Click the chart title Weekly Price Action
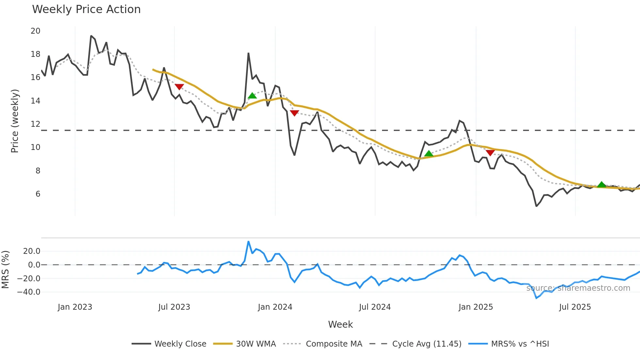coord(86,9)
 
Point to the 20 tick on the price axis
coord(36,31)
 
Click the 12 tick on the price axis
coord(36,124)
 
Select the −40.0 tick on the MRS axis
coord(29,292)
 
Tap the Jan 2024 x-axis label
coord(275,307)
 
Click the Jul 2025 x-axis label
coord(575,307)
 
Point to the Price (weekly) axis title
coord(15,121)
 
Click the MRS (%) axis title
coord(6,270)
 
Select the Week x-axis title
coord(340,324)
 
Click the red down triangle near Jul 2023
coord(179,87)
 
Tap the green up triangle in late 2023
coord(252,95)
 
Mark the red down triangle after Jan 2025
coord(490,153)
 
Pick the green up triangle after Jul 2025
coord(601,184)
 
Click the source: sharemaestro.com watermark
coord(578,288)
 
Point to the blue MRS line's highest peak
coord(248,242)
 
